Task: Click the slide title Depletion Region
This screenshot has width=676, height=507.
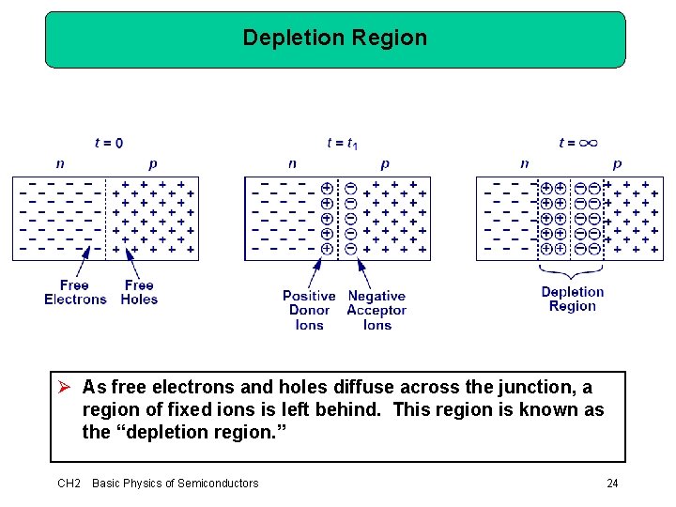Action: click(334, 38)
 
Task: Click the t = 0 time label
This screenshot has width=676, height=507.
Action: click(109, 143)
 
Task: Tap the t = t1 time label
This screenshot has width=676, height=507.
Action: click(342, 143)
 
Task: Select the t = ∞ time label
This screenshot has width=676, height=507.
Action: click(577, 143)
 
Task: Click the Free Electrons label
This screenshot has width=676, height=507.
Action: click(75, 292)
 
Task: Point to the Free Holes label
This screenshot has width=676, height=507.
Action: click(139, 292)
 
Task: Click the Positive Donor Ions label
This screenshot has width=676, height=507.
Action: click(309, 310)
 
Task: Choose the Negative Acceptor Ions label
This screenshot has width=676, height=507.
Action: click(376, 310)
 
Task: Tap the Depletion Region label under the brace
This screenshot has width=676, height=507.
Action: click(573, 299)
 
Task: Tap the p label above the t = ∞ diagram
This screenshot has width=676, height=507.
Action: click(617, 163)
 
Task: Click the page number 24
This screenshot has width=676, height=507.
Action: click(612, 484)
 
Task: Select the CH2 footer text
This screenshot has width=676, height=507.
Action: click(69, 484)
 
